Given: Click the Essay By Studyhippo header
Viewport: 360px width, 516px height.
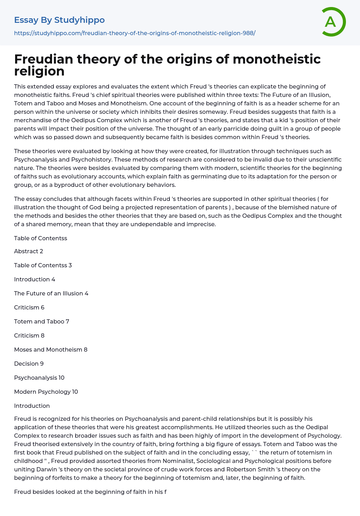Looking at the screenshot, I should (x=59, y=20).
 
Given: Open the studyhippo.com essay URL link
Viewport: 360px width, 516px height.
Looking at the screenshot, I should (x=135, y=33).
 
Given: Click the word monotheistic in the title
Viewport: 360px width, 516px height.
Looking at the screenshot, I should (x=277, y=59).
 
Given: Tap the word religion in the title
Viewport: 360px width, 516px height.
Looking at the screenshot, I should (x=39, y=71).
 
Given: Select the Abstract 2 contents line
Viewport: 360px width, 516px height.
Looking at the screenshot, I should (x=28, y=251).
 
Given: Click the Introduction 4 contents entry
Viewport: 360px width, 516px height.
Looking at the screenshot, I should (x=34, y=279).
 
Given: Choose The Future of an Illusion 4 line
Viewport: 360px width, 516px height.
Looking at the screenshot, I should (x=51, y=293).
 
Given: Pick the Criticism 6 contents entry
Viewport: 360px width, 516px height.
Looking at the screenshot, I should (x=29, y=307).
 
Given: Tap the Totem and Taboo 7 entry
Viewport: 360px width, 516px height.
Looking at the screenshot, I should (x=41, y=321).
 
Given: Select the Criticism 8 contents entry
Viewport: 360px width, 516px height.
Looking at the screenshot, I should (x=29, y=335).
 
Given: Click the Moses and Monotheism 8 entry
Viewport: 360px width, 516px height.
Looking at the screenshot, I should (x=51, y=350).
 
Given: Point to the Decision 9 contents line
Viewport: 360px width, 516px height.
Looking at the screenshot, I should (x=29, y=364).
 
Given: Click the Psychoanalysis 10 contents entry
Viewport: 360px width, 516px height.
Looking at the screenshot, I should (x=39, y=378).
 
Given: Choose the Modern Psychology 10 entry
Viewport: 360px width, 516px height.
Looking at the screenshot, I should (x=46, y=392).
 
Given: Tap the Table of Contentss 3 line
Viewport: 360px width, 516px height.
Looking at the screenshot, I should (x=43, y=265).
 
